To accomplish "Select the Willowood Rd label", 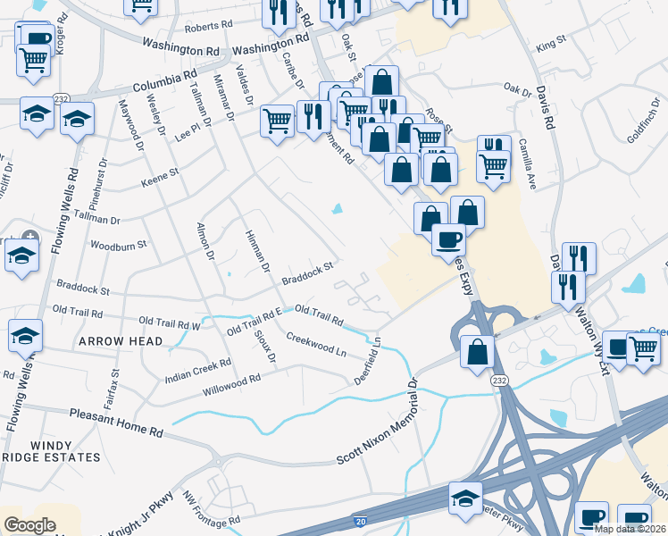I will point(230,385).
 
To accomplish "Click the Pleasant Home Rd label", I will point(118,421).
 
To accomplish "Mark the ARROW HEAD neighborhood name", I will point(121,342).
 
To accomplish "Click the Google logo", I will point(29,525).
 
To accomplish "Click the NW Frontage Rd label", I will point(212,507).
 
